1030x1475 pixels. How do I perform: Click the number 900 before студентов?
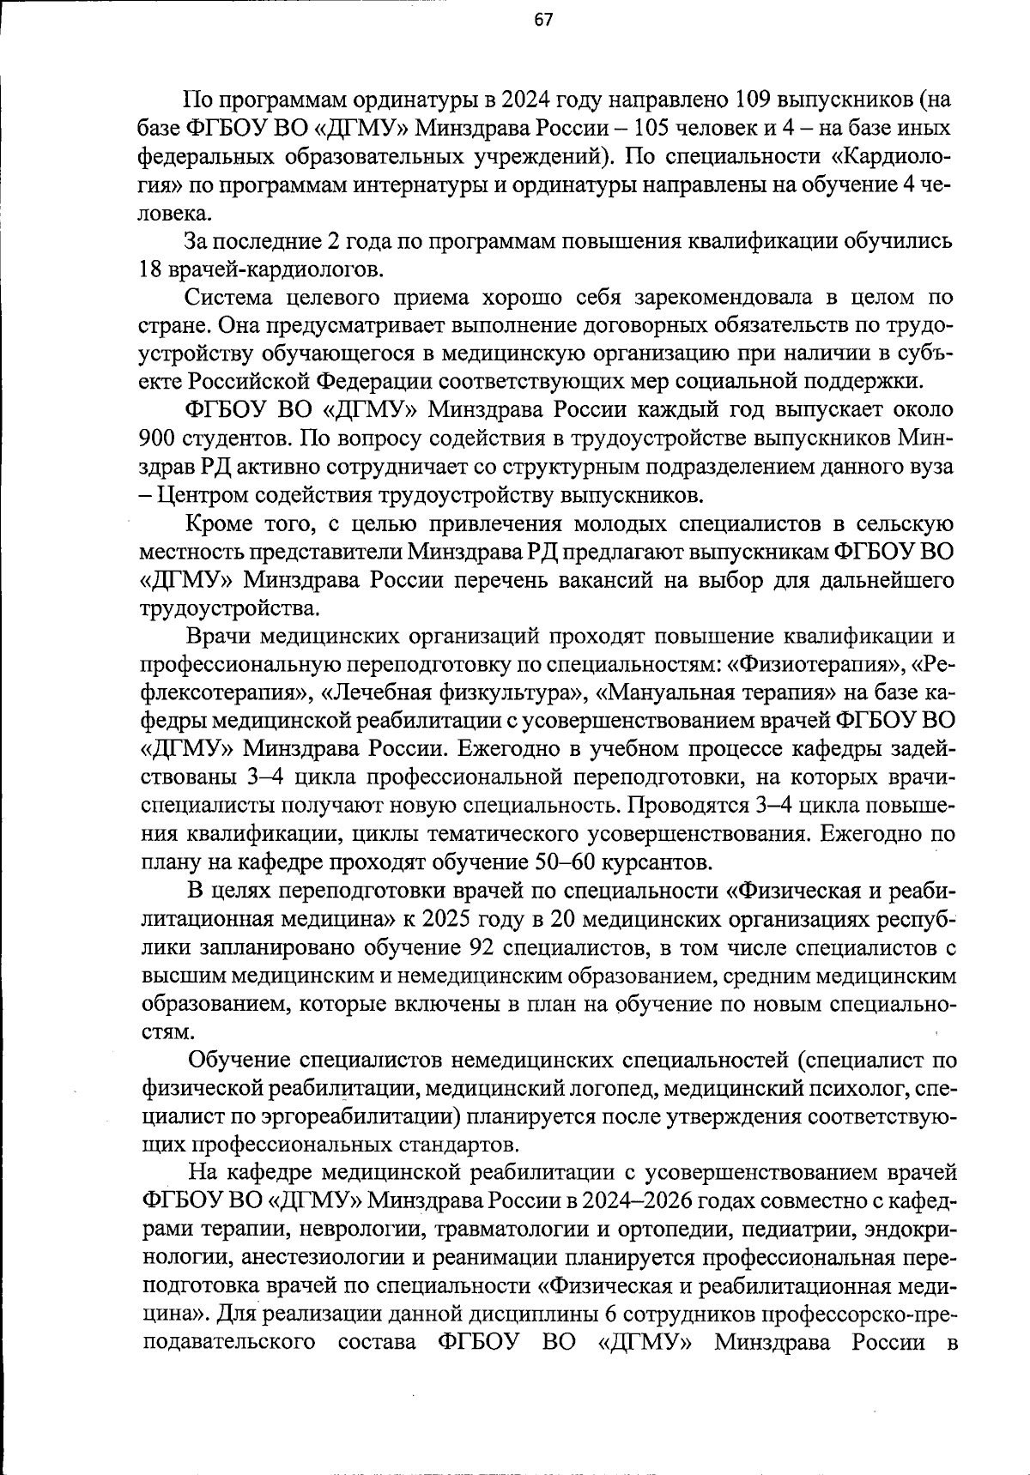pyautogui.click(x=159, y=439)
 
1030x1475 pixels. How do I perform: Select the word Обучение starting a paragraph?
pyautogui.click(x=233, y=1061)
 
